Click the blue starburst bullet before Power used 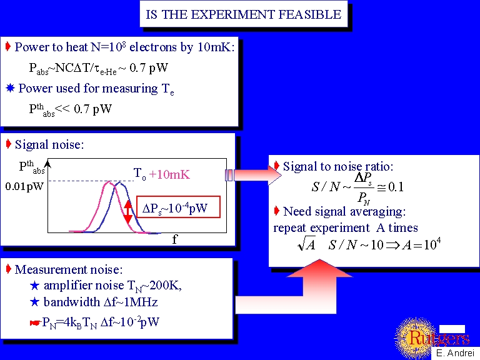coord(11,88)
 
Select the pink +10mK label coord(169,174)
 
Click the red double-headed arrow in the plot coord(128,212)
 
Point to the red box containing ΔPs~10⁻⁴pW coord(178,207)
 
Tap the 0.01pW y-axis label coord(24,186)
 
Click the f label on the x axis coord(174,239)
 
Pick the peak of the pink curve coord(109,182)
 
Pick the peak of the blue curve coord(120,183)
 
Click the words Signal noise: coord(49,144)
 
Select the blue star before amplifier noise coord(34,286)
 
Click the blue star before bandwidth coord(34,302)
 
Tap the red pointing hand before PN coord(35,322)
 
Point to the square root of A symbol coord(306,244)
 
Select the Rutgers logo coord(432,338)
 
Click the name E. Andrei coord(455,352)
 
